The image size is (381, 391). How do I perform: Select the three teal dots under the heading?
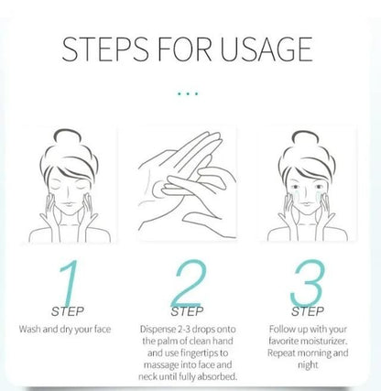click(190, 92)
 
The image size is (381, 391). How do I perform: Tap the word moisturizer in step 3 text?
click(321, 340)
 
